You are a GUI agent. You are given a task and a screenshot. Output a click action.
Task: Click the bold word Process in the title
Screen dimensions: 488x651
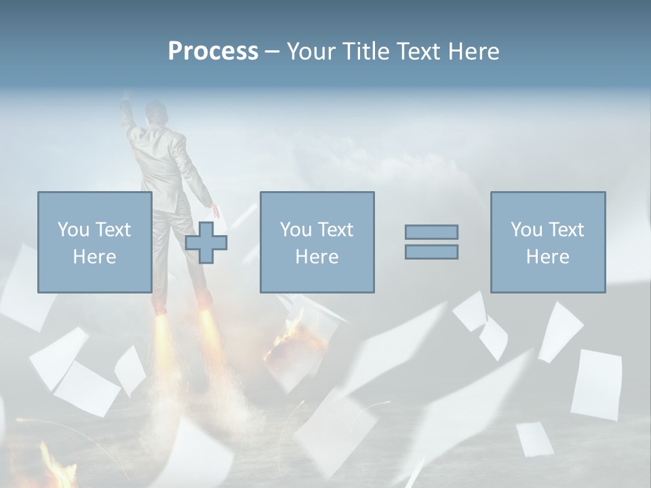213,52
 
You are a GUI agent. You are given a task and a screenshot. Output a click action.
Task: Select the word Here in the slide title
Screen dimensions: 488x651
473,52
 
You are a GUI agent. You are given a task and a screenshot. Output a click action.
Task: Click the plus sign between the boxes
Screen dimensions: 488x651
206,243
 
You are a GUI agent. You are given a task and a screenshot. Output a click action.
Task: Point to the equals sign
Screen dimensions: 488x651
431,242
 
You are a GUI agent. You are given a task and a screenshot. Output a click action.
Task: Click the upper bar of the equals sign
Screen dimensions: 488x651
431,232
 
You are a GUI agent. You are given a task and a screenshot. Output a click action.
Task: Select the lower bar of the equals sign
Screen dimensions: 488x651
431,251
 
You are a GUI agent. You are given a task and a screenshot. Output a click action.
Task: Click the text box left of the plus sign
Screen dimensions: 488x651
95,242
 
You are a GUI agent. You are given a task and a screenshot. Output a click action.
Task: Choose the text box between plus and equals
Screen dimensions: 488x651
317,242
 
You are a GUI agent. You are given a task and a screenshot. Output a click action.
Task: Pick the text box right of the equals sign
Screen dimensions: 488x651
547,242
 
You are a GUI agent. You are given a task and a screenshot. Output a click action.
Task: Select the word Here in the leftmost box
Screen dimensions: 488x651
95,257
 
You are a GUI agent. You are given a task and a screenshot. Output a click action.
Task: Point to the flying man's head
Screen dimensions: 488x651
157,112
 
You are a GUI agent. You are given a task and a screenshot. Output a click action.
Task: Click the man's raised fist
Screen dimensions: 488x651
127,102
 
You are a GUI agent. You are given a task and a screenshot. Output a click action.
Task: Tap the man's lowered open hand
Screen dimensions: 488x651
215,210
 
